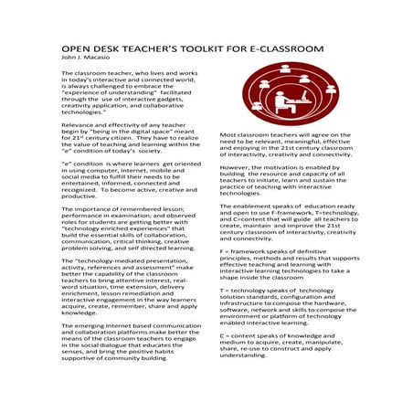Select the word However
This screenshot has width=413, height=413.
point(237,168)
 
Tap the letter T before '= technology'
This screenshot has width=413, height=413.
point(222,289)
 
